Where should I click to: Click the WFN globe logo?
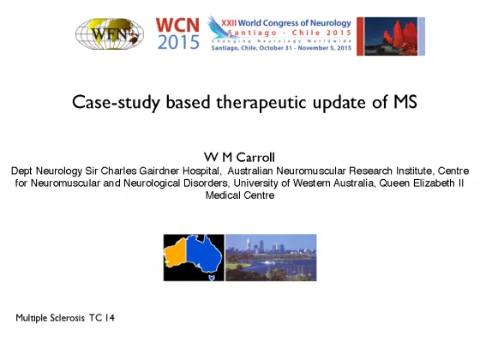click(x=110, y=33)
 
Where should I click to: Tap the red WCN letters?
click(x=177, y=26)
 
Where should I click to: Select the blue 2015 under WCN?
click(x=178, y=42)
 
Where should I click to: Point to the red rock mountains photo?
click(x=391, y=36)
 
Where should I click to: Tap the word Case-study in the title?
click(x=116, y=102)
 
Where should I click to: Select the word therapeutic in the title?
click(x=261, y=102)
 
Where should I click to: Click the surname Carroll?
click(x=255, y=158)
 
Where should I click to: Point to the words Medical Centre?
click(x=240, y=195)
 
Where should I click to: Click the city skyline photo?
click(x=271, y=257)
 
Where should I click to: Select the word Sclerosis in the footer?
click(x=68, y=318)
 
